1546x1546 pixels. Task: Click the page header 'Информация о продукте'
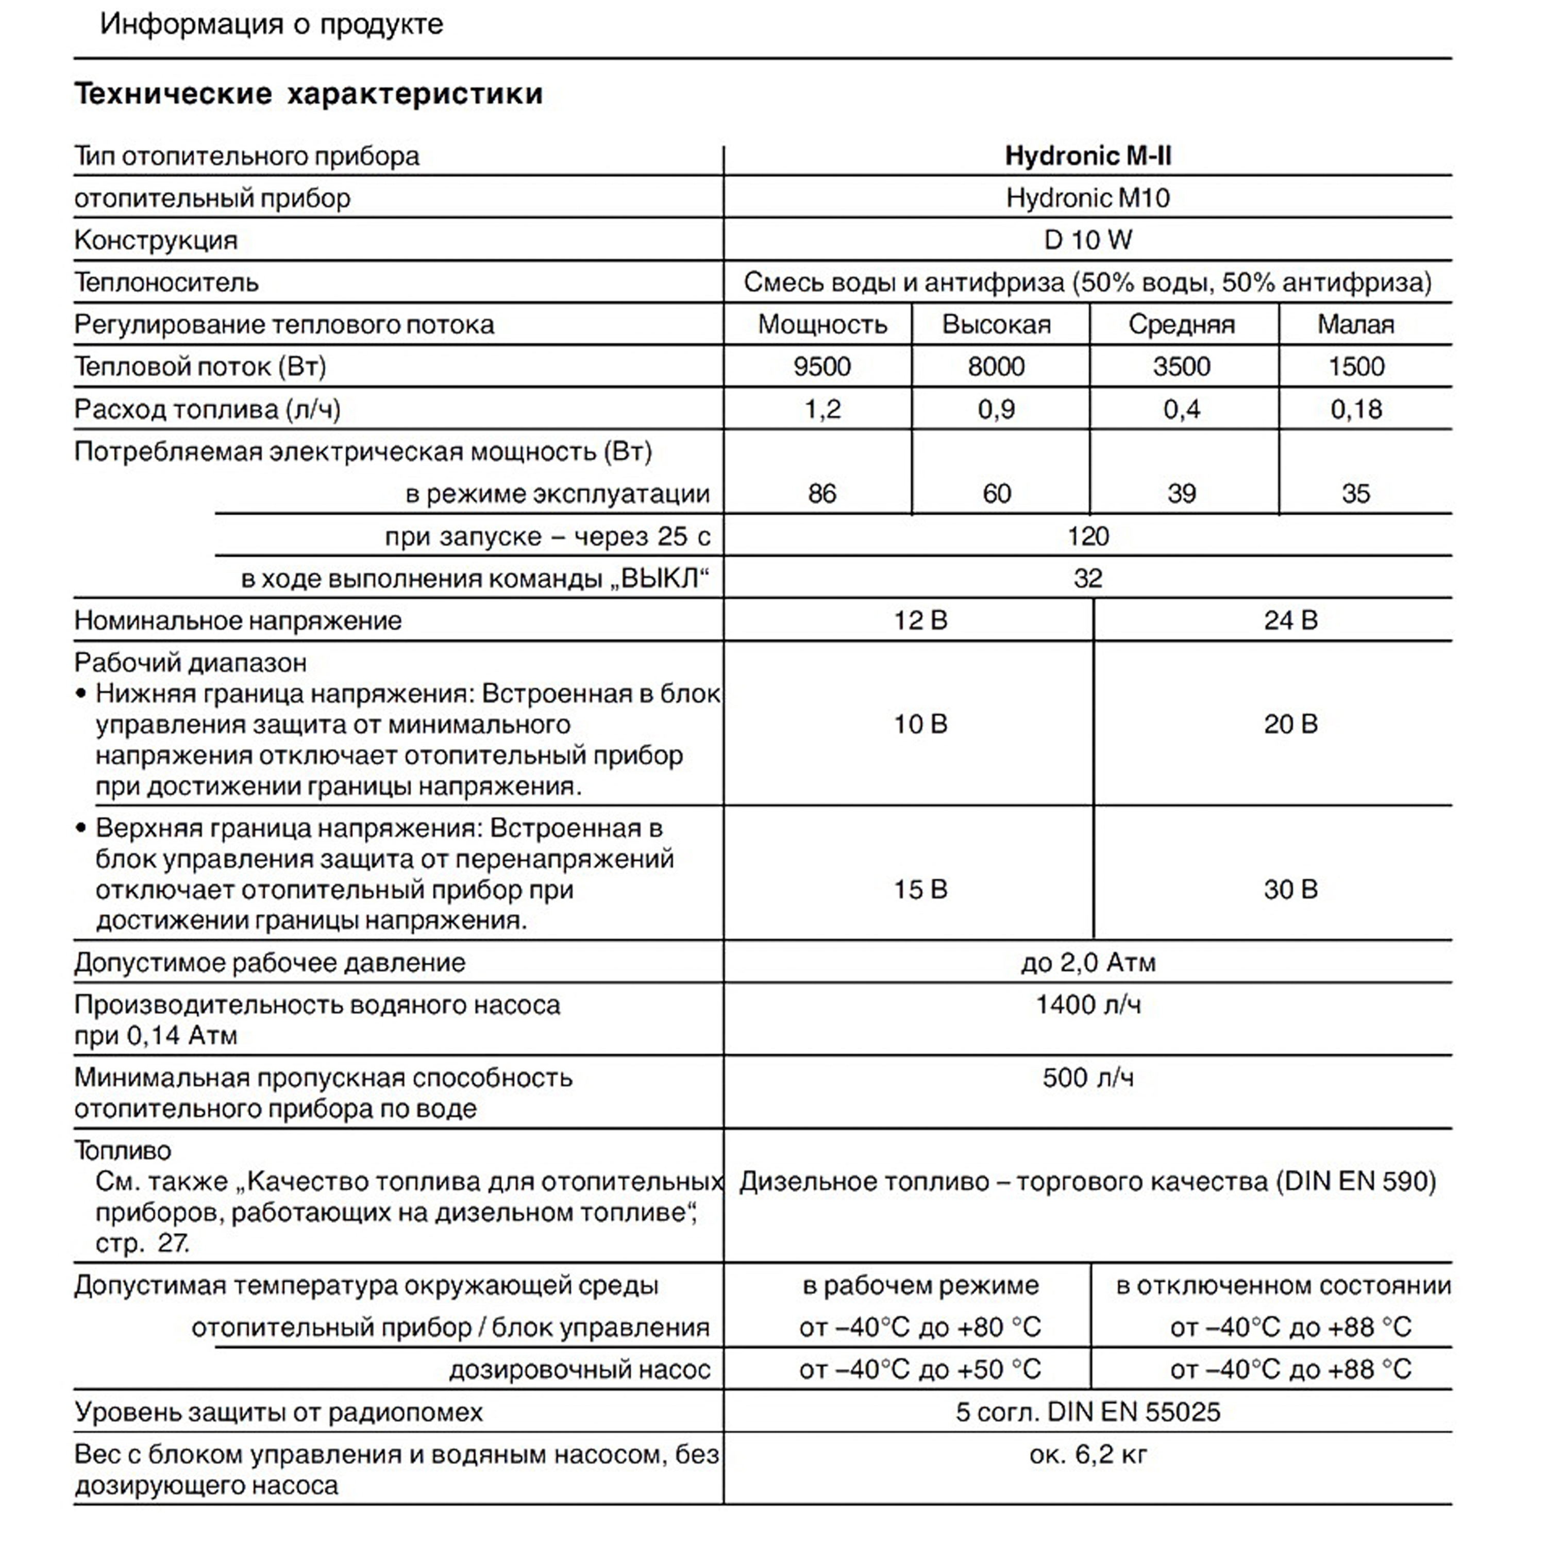click(x=271, y=24)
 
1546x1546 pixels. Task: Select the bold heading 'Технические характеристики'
click(x=308, y=94)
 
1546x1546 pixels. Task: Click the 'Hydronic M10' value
click(x=1087, y=198)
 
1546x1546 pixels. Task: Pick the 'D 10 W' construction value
click(x=1087, y=240)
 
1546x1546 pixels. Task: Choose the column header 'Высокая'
click(x=996, y=324)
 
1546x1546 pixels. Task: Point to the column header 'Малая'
click(x=1355, y=324)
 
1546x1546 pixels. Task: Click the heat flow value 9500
click(x=822, y=366)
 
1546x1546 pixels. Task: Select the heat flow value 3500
click(x=1181, y=366)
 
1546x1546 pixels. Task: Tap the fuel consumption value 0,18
click(x=1355, y=410)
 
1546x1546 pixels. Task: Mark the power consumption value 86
click(x=822, y=494)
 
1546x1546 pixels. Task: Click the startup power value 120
click(x=1087, y=536)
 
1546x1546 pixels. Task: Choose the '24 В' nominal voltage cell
click(x=1290, y=620)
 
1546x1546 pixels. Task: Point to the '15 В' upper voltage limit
click(x=920, y=889)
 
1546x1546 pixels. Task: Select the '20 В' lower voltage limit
click(x=1290, y=724)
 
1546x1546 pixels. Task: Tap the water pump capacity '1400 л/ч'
click(x=1087, y=1004)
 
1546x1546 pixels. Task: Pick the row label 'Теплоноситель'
click(x=166, y=282)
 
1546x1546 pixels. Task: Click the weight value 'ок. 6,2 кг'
click(x=1087, y=1454)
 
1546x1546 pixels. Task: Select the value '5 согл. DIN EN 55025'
click(x=1087, y=1411)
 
